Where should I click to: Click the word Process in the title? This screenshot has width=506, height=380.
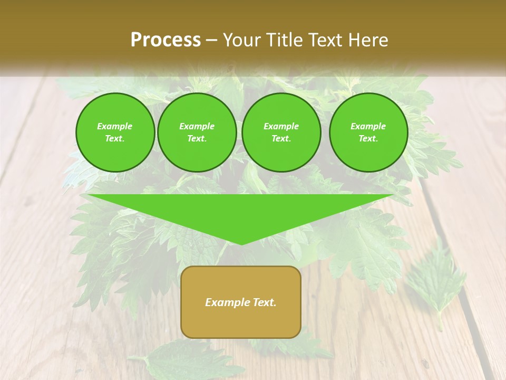click(166, 40)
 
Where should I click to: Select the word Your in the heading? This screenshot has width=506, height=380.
click(242, 40)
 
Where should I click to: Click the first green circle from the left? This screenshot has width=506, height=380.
click(115, 132)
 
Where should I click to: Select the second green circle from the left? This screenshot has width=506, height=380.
click(197, 132)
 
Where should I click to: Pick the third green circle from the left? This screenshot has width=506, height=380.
click(281, 132)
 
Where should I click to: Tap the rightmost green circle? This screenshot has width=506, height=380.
click(368, 132)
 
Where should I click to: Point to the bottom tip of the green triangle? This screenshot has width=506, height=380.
click(241, 244)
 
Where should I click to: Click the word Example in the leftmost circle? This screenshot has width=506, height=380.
click(115, 126)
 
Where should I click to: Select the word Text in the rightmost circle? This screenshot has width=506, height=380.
click(368, 139)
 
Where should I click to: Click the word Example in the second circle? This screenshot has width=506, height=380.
click(197, 126)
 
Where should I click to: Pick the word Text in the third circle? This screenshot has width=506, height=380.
click(281, 139)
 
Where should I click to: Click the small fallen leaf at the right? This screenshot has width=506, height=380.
click(435, 280)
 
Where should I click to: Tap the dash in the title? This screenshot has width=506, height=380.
click(211, 40)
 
